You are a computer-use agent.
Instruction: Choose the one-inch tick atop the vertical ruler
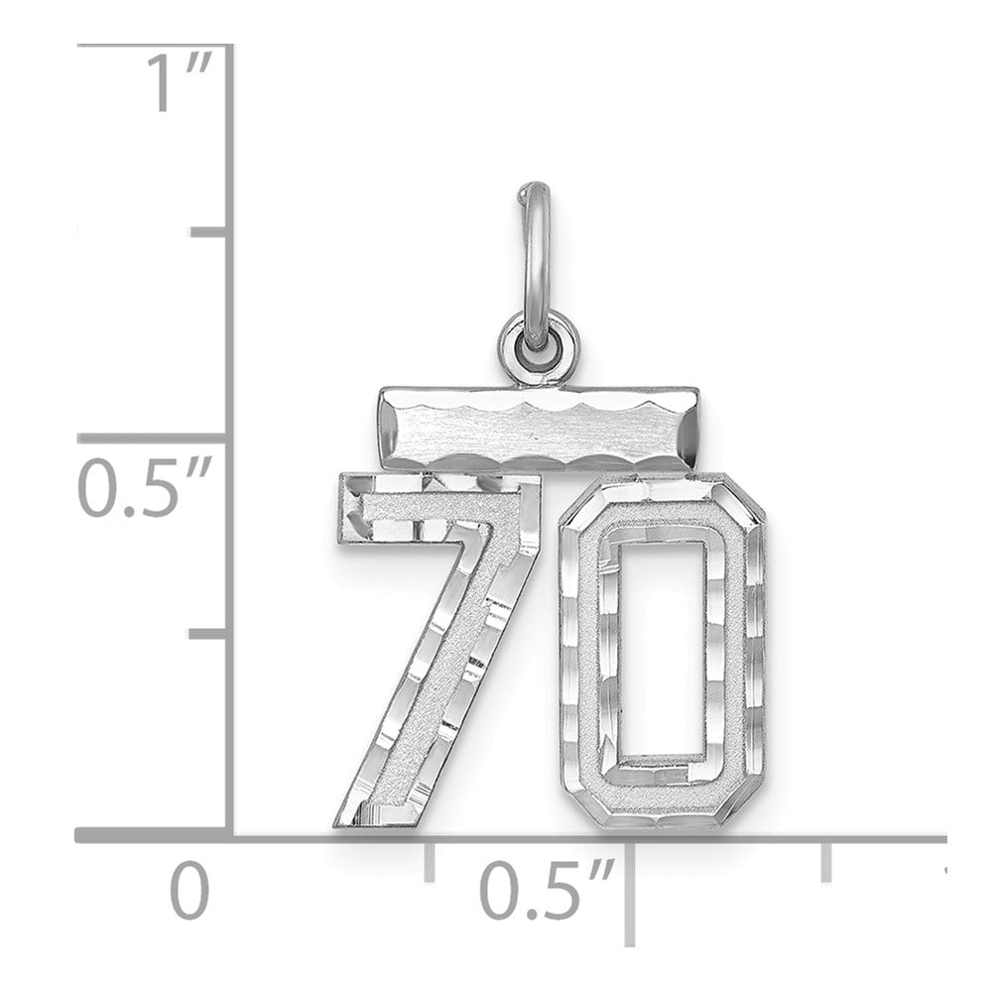(159, 46)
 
